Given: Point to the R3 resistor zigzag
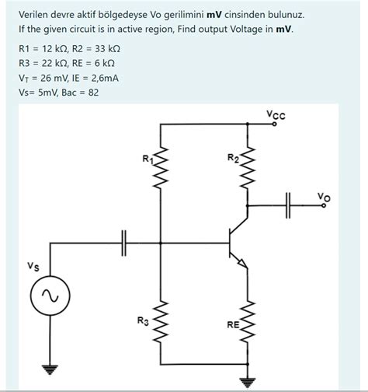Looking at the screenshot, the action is [161, 322].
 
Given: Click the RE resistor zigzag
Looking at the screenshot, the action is [248, 322].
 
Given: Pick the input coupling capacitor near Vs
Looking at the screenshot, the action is [124, 243].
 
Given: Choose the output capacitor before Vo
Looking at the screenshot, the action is [288, 205].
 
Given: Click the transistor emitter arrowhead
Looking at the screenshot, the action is [243, 263].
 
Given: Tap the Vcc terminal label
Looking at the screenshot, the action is [276, 114].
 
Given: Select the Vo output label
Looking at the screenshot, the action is [324, 197].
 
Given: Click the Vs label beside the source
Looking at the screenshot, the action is [33, 266].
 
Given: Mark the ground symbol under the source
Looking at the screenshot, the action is [50, 370].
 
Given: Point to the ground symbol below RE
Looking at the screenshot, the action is [248, 383].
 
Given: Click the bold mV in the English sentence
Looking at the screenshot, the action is [283, 29].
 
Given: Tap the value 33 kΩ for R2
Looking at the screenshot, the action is [107, 49].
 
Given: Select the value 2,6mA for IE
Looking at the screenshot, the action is [105, 78].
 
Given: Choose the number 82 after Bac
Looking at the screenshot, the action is [93, 93].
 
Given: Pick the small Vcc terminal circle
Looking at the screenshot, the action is [275, 124].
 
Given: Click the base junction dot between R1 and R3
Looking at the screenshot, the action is [161, 243].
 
